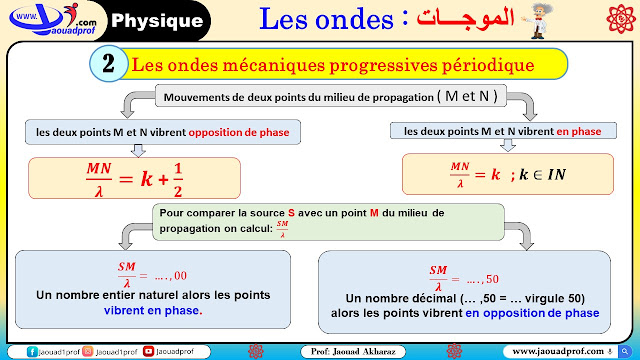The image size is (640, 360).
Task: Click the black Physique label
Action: [157, 20]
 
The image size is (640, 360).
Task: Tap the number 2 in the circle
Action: [108, 64]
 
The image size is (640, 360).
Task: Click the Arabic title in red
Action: [464, 18]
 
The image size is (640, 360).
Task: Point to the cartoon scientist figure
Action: [538, 21]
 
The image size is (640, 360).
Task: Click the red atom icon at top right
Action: [621, 18]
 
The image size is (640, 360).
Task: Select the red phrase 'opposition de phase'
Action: [239, 132]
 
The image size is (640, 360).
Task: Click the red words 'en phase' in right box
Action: [579, 131]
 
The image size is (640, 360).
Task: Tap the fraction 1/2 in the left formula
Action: [178, 180]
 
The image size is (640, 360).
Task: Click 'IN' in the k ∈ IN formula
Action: [556, 175]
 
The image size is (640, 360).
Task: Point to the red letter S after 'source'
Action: [291, 213]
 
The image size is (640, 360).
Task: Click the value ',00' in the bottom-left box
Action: [179, 276]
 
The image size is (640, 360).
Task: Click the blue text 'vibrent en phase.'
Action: [153, 310]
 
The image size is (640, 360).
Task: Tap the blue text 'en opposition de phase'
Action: [532, 313]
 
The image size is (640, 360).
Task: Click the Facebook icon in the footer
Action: [32, 351]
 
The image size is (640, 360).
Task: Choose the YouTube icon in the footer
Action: [148, 351]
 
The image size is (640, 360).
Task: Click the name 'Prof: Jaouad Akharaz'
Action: [353, 351]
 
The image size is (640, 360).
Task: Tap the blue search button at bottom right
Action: [624, 351]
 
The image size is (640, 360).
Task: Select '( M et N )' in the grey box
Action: [467, 96]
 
